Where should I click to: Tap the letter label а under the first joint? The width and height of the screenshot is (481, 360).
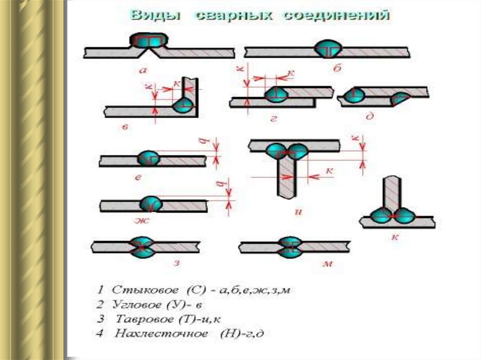coord(143,70)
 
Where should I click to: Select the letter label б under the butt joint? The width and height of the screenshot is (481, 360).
coord(337,69)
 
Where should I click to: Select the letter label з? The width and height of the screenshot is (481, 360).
coord(176,262)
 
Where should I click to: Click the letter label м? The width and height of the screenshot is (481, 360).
coord(328,264)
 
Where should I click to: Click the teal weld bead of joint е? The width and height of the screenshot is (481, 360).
coord(148,159)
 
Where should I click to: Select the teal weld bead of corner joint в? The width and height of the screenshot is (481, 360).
coord(183,105)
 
